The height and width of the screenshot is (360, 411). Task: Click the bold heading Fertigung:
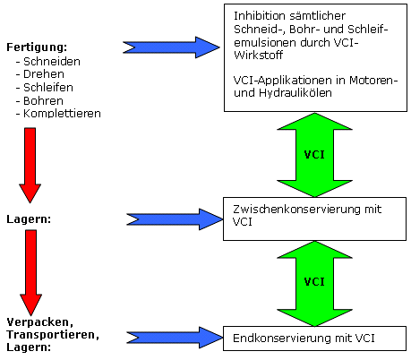click(x=37, y=47)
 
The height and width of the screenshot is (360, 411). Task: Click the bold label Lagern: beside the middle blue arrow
click(x=29, y=219)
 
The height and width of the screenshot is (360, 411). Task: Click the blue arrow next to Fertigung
click(x=171, y=47)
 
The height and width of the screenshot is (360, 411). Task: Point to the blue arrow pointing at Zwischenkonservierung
click(x=175, y=219)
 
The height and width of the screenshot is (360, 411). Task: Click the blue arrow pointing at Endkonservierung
click(x=175, y=338)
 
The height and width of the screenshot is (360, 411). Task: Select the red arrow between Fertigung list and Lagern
click(x=30, y=166)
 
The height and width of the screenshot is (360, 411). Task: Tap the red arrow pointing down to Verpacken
click(x=30, y=272)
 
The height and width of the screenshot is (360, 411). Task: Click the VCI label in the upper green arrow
click(x=314, y=155)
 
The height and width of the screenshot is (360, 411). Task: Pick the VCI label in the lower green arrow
click(x=314, y=282)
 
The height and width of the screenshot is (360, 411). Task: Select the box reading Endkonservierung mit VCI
click(x=314, y=339)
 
